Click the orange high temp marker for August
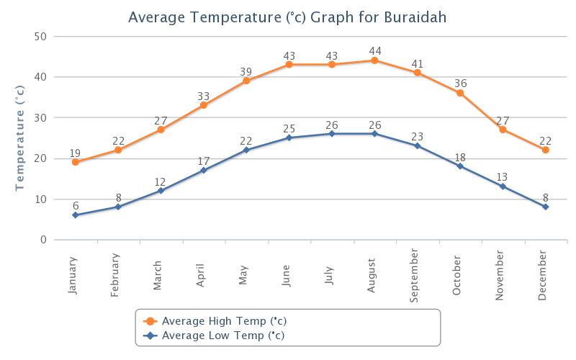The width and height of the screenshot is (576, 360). [374, 60]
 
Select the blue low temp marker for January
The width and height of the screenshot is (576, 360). [75, 215]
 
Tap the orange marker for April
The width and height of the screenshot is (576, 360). [204, 105]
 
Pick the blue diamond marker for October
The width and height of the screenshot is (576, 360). [460, 166]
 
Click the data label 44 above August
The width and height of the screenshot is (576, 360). [374, 50]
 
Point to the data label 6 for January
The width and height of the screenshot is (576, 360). [75, 205]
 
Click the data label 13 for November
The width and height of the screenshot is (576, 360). [503, 176]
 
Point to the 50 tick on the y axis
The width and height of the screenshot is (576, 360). [40, 37]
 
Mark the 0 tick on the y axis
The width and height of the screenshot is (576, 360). [43, 240]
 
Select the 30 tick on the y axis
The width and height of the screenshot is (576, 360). [40, 118]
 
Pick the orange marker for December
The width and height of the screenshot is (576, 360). [546, 150]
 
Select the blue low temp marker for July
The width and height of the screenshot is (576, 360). [332, 134]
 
